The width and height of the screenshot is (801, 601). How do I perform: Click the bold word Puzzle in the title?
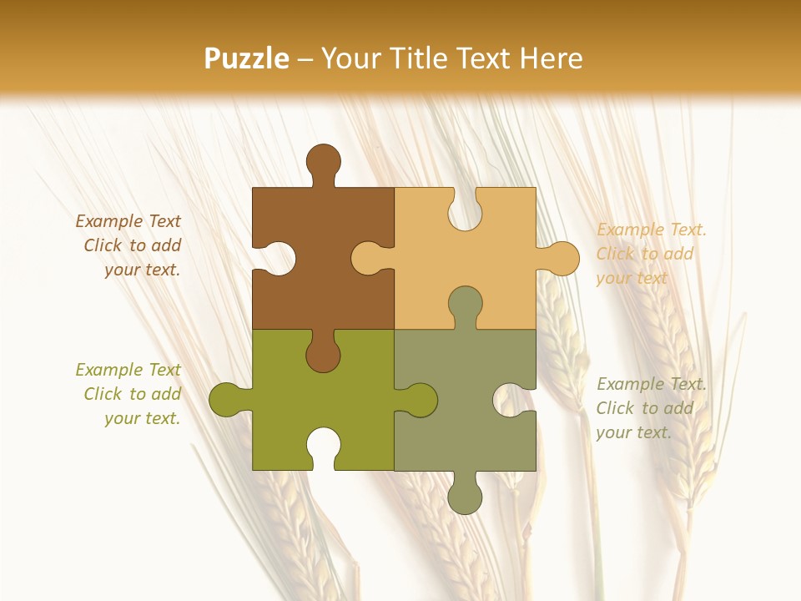(247, 58)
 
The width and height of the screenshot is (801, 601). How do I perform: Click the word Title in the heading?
(441, 58)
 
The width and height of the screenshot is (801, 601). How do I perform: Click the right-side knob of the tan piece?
(561, 259)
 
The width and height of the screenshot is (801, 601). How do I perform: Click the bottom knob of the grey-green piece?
(465, 494)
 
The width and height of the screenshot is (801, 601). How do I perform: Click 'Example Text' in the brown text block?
(128, 221)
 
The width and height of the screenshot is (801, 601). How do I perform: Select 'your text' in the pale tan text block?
(632, 278)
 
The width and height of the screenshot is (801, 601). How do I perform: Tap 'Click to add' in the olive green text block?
(132, 394)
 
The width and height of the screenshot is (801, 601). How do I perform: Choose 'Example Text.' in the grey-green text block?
(652, 384)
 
